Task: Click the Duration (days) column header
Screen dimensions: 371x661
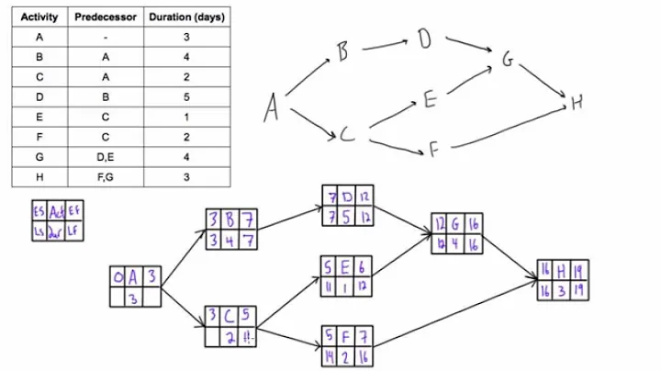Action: [187, 17]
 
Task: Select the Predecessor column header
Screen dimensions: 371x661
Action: [106, 17]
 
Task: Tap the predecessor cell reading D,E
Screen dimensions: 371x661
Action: [106, 158]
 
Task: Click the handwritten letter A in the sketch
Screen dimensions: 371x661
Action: [272, 109]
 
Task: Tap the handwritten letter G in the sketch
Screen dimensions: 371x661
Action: [508, 60]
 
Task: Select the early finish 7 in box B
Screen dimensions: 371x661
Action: [245, 221]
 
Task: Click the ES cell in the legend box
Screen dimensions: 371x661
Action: [39, 210]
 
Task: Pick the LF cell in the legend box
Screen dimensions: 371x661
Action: [73, 229]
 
